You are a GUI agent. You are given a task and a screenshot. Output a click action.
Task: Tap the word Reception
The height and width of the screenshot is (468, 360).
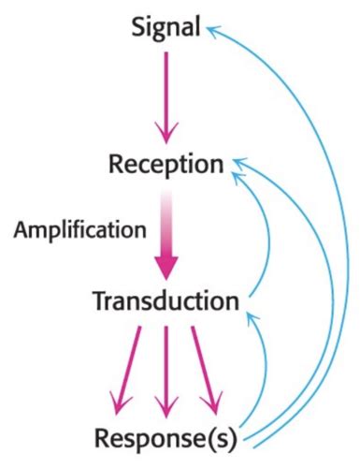[x=166, y=165]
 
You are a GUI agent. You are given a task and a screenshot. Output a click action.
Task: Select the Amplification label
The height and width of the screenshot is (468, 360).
[x=79, y=228]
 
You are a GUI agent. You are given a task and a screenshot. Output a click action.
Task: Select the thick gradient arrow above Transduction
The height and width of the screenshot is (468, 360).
[x=166, y=234]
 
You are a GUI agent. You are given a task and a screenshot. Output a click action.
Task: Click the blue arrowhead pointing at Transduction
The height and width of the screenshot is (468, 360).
[x=249, y=321]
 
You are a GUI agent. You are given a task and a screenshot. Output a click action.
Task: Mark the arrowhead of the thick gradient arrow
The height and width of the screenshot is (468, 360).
[x=166, y=267]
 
